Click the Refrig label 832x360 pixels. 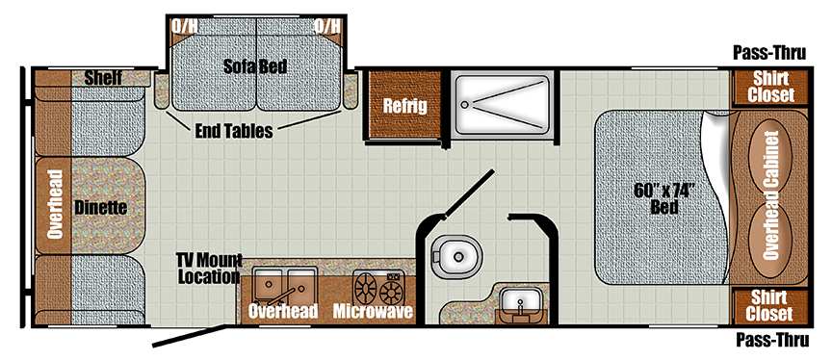point(404,105)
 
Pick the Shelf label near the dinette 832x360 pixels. point(102,78)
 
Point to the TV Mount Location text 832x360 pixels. point(207,269)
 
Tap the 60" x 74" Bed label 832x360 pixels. point(664,197)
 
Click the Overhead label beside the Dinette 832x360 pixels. point(55,204)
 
